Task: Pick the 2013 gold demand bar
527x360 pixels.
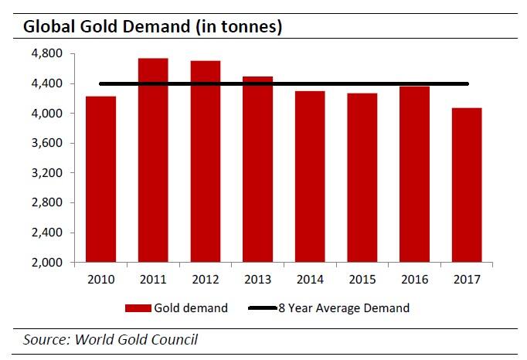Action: [257, 169]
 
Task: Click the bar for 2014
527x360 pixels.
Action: [310, 177]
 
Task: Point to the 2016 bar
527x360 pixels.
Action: [415, 175]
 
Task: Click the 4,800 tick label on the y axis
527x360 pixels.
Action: [51, 54]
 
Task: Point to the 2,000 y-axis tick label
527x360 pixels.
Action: [51, 263]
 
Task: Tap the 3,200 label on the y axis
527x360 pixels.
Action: [51, 173]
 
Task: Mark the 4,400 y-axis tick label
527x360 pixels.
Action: [51, 83]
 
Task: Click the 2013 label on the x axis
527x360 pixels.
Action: [257, 278]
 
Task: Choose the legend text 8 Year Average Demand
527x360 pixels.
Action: [357, 308]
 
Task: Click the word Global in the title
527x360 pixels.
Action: [49, 26]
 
